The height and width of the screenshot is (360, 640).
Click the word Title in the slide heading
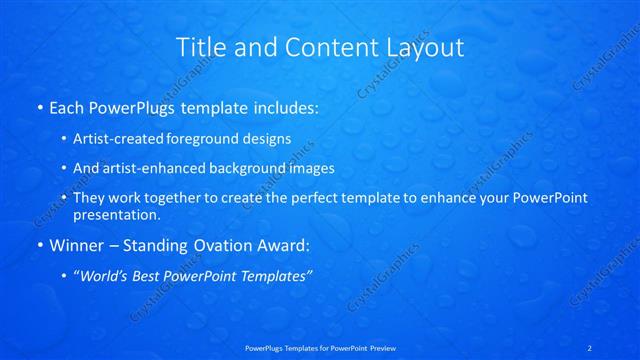200,47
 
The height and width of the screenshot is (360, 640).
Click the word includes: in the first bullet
282,105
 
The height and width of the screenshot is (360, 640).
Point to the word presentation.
117,215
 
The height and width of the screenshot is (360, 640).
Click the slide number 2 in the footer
590,347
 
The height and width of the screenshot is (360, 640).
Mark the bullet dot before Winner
39,245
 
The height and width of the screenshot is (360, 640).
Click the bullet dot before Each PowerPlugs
39,106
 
